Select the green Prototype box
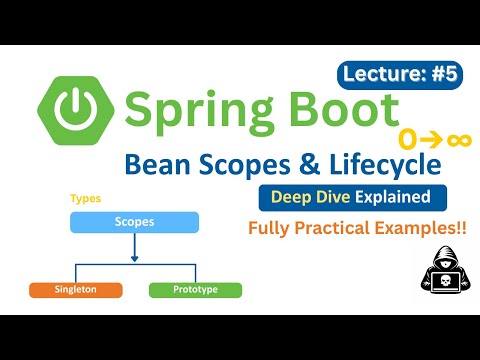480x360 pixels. click(196, 290)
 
